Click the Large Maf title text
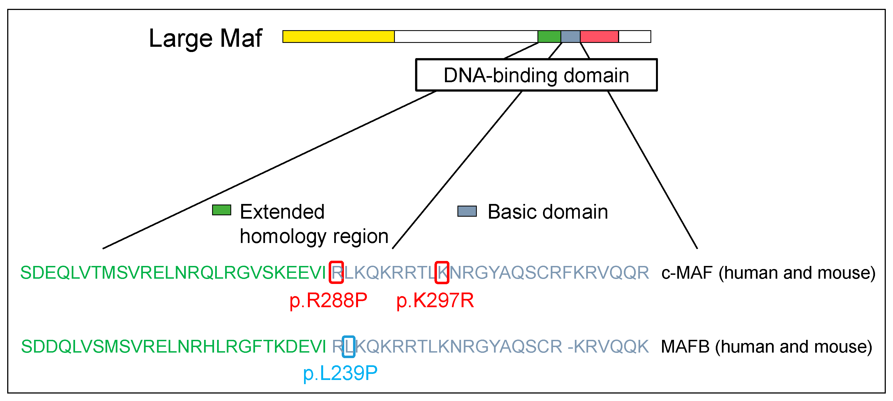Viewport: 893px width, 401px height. pos(205,38)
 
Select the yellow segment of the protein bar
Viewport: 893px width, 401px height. pos(338,36)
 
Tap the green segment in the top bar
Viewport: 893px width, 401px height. pos(549,36)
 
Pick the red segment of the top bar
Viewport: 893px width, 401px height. pos(599,36)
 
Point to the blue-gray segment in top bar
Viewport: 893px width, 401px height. pos(570,36)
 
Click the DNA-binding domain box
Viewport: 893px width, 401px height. pos(536,75)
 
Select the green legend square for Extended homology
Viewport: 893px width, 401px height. pos(222,210)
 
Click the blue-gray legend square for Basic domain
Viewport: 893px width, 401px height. pos(467,211)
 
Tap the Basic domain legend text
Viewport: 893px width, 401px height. pos(547,212)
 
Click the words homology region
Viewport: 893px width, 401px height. pos(314,236)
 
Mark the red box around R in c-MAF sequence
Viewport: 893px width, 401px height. pos(336,272)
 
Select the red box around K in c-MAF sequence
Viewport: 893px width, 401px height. pos(442,272)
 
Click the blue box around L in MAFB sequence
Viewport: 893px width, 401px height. pos(348,346)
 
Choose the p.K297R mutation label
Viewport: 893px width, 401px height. pos(435,300)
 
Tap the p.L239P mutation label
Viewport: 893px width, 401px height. pos(340,373)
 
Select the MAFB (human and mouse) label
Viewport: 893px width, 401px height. pos(766,346)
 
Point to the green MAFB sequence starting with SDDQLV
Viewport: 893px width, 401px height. pos(173,346)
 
